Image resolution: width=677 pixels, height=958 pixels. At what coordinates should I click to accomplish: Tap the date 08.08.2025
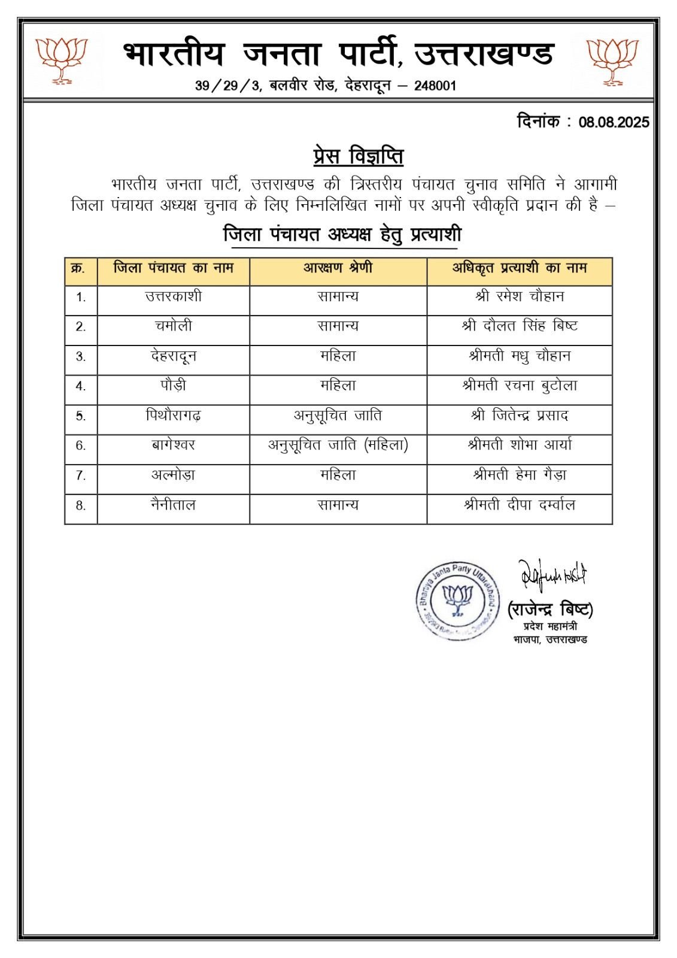(x=614, y=122)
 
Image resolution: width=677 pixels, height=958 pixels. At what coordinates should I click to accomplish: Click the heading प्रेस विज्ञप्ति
(x=358, y=156)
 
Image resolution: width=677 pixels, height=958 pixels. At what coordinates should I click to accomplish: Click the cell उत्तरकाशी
(x=173, y=296)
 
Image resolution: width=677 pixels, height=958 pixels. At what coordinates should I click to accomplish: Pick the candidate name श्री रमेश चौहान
(x=519, y=296)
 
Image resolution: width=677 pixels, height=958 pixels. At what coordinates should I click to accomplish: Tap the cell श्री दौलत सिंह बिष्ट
(x=519, y=326)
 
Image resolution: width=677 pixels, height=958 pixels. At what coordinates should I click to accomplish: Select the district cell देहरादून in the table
(x=173, y=356)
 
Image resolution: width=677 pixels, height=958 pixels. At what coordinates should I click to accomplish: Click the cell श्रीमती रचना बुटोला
(x=519, y=386)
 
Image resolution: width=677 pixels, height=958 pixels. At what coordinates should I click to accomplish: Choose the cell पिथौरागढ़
(x=173, y=416)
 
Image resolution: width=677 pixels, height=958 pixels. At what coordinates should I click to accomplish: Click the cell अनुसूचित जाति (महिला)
(x=338, y=445)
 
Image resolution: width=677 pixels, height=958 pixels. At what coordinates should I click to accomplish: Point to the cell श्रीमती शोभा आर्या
(x=519, y=445)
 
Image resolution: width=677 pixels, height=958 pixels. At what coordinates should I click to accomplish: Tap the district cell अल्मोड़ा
(x=173, y=475)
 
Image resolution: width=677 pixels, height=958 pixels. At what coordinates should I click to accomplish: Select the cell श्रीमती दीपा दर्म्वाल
(x=519, y=505)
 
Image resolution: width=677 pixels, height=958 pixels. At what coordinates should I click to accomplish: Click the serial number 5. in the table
(x=81, y=416)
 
